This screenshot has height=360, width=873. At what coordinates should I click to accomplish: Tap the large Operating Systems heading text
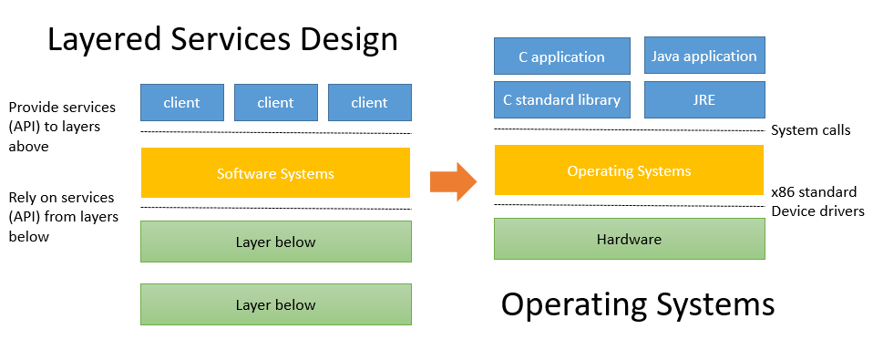[638, 304]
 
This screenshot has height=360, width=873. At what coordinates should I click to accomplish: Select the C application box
[561, 57]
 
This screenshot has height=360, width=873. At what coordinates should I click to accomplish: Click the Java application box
[704, 57]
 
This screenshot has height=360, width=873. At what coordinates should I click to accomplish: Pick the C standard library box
[561, 100]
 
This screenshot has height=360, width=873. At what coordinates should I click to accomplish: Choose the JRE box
[704, 100]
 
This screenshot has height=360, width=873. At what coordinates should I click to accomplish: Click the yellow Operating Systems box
[629, 170]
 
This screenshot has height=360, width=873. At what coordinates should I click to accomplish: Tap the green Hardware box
[629, 240]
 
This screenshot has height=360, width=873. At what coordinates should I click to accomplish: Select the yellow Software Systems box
[275, 173]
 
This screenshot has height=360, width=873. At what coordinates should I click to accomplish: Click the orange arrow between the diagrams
[453, 181]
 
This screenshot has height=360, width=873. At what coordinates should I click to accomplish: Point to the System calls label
[810, 130]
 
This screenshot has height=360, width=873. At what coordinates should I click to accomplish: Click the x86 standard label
[813, 192]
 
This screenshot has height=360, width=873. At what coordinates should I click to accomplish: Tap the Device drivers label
[817, 211]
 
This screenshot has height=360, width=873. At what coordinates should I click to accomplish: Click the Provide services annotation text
[62, 126]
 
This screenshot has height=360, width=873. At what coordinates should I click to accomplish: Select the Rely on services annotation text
[61, 217]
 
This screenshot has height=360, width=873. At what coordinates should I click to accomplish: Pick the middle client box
[275, 103]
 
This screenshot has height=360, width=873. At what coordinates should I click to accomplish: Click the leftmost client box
[181, 103]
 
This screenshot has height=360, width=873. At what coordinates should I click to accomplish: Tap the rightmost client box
[369, 103]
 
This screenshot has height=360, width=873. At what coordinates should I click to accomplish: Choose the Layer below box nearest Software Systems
[275, 242]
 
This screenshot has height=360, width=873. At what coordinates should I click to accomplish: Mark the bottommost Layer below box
[275, 304]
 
